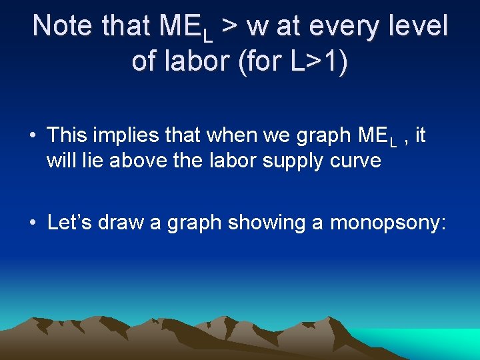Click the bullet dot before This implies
32,136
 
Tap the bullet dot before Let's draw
32,223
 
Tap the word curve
356,161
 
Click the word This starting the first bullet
66,135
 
